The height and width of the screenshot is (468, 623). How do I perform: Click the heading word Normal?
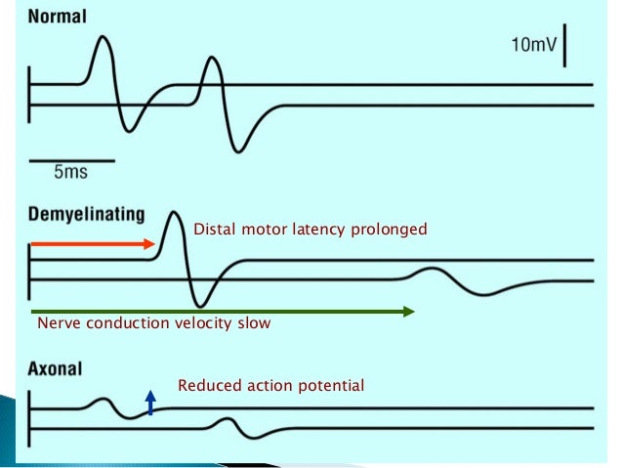(x=60, y=18)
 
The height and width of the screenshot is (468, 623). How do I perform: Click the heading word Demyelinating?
(x=87, y=213)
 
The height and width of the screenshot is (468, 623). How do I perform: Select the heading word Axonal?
(x=55, y=370)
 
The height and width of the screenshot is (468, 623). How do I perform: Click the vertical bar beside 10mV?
(x=565, y=47)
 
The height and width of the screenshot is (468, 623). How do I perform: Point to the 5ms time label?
(x=70, y=172)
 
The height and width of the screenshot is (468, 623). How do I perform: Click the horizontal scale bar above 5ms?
(x=72, y=158)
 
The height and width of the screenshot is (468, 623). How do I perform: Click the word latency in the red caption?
(x=309, y=231)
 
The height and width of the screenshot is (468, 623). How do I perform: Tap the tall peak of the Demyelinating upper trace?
(x=173, y=213)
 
